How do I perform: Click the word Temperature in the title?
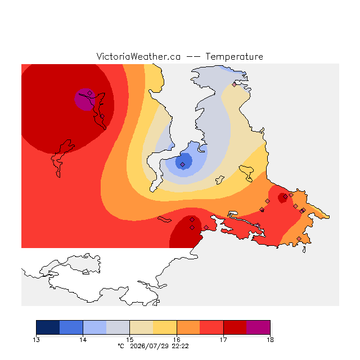coord(234,56)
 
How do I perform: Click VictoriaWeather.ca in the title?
coord(138,56)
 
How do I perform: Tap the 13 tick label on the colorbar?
coord(36,340)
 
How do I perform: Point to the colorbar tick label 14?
coord(83,340)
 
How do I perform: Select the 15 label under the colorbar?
coord(130,340)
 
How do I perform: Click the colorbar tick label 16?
coord(177,340)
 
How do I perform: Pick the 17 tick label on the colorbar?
coord(223,340)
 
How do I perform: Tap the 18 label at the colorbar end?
coord(270,340)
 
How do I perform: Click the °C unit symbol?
coord(121,346)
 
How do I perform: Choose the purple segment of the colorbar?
coord(259,327)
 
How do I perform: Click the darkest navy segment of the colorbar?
coord(48,327)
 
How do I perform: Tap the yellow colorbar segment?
coord(165,327)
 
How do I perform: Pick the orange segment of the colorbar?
coord(188,327)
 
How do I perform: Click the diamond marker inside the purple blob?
coord(90,93)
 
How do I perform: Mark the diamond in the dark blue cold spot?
coord(182,164)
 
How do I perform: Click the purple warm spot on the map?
coord(85,100)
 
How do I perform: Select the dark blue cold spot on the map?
coord(184,161)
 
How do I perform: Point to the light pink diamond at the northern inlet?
coord(234,85)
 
